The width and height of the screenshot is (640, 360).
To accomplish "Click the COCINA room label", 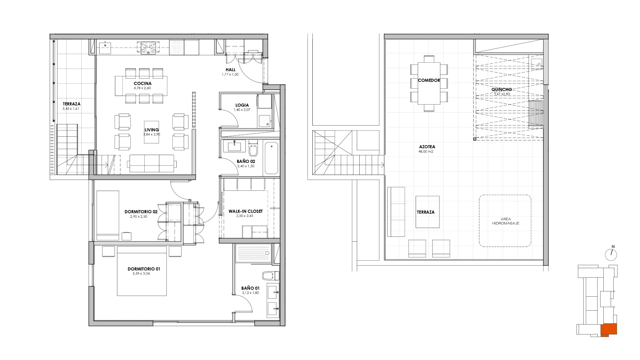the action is [x=143, y=83].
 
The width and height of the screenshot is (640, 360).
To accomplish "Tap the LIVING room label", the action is [x=152, y=130].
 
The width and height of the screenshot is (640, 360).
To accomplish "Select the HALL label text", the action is [x=230, y=70].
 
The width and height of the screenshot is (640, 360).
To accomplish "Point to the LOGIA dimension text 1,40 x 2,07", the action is [x=241, y=110].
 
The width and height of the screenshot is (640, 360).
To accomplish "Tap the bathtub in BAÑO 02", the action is [x=271, y=158].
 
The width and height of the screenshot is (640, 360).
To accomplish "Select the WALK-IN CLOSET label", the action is [x=246, y=211].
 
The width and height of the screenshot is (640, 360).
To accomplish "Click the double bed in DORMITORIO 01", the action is [x=142, y=271].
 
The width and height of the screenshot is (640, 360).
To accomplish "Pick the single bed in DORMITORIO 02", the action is [x=108, y=215].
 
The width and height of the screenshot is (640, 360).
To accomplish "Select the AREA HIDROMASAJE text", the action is [x=506, y=221].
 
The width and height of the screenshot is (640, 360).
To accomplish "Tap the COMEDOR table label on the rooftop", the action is [x=429, y=80].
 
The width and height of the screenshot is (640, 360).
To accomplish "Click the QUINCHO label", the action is [x=502, y=89].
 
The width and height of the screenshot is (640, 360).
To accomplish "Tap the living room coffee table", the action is [x=152, y=132].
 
